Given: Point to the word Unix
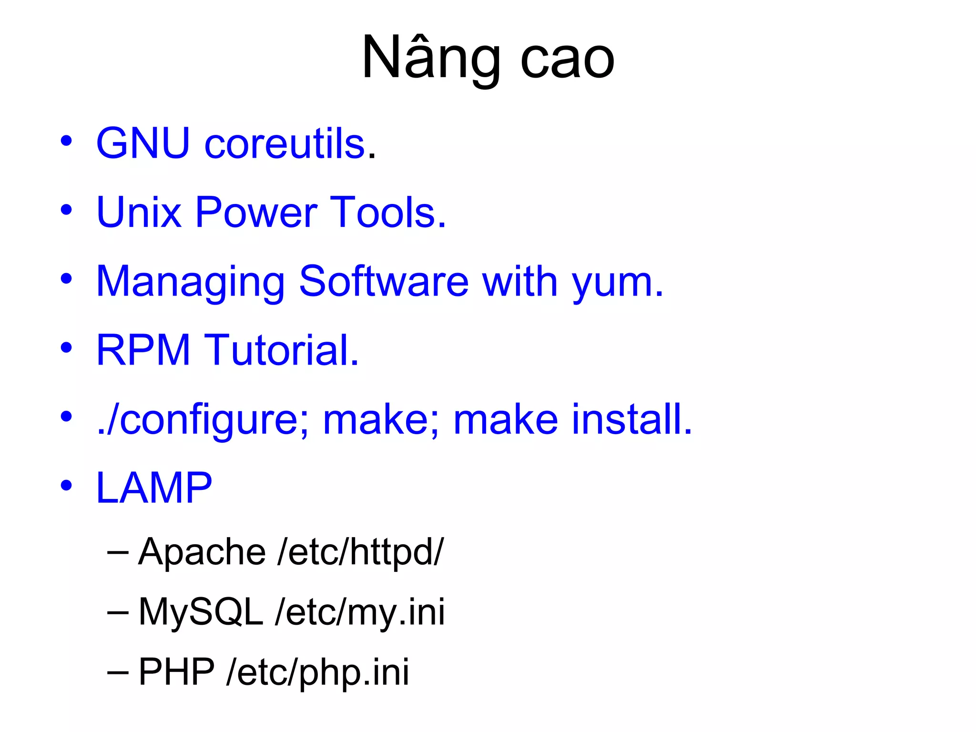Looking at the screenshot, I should [139, 212].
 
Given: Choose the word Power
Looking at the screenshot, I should [256, 213].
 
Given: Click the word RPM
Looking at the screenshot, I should [143, 350].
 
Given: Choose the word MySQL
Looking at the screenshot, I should [201, 612].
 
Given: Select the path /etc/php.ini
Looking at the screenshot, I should [318, 672].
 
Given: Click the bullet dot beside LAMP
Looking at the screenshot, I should [66, 486].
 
